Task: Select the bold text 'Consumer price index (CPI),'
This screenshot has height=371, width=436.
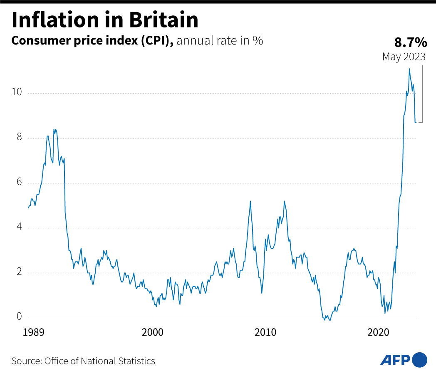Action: point(92,41)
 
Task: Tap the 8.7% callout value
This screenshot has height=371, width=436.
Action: point(410,42)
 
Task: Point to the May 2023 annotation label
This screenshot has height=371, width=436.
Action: point(404,57)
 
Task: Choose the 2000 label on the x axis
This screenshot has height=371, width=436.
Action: point(153,333)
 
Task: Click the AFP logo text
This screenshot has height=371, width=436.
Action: point(395,359)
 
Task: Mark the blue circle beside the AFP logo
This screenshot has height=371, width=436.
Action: point(419,359)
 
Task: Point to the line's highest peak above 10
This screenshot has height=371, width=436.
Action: point(409,69)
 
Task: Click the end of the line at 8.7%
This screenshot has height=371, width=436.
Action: point(416,122)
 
